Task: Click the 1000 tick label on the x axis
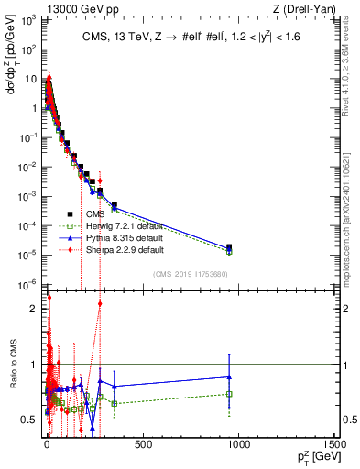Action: tap(238, 445)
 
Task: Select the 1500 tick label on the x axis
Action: tap(333, 445)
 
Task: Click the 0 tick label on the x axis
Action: tap(46, 445)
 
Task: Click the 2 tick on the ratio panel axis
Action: tap(35, 309)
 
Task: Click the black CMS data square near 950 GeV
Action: tap(229, 246)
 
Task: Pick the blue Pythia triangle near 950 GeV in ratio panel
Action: tap(229, 376)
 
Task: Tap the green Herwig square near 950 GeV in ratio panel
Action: tap(229, 394)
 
